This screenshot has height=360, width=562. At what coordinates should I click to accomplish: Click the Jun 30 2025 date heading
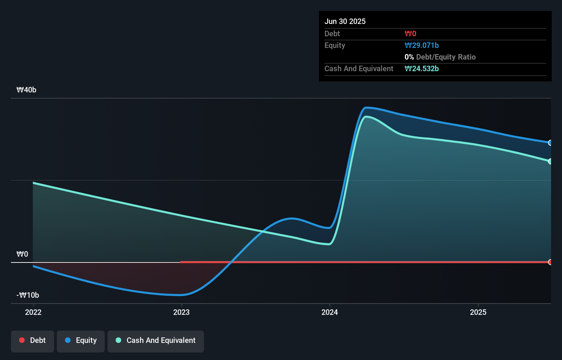tap(345, 21)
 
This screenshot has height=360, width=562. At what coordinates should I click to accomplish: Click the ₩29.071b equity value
tap(421, 46)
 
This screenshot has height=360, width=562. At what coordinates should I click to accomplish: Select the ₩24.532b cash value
tap(421, 69)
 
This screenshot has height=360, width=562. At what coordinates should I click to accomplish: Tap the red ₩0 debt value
tap(410, 34)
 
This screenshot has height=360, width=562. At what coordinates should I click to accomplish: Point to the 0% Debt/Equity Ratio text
tap(440, 57)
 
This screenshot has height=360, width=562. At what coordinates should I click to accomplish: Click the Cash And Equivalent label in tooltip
tap(359, 69)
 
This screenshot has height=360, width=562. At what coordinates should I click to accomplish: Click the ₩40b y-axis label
tap(26, 90)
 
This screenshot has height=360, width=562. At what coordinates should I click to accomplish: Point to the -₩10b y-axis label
tap(28, 295)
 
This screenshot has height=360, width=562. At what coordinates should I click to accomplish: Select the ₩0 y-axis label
tap(22, 254)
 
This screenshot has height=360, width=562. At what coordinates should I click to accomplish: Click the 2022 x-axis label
tap(33, 312)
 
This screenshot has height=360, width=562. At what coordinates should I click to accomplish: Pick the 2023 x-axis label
tap(181, 312)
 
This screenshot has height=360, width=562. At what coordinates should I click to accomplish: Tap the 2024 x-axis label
tap(330, 312)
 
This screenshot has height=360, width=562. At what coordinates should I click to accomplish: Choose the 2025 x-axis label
tap(478, 312)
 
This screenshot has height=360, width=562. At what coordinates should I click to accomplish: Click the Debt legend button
tap(33, 340)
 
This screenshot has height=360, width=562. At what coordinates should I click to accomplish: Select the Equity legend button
tap(81, 340)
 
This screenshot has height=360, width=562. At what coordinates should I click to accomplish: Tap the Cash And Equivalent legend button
tap(156, 340)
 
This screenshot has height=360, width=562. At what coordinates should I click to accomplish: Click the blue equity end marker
tap(550, 143)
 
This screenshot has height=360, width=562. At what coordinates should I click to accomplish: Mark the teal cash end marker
tap(550, 161)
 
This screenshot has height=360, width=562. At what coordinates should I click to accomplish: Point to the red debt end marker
tap(550, 262)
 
